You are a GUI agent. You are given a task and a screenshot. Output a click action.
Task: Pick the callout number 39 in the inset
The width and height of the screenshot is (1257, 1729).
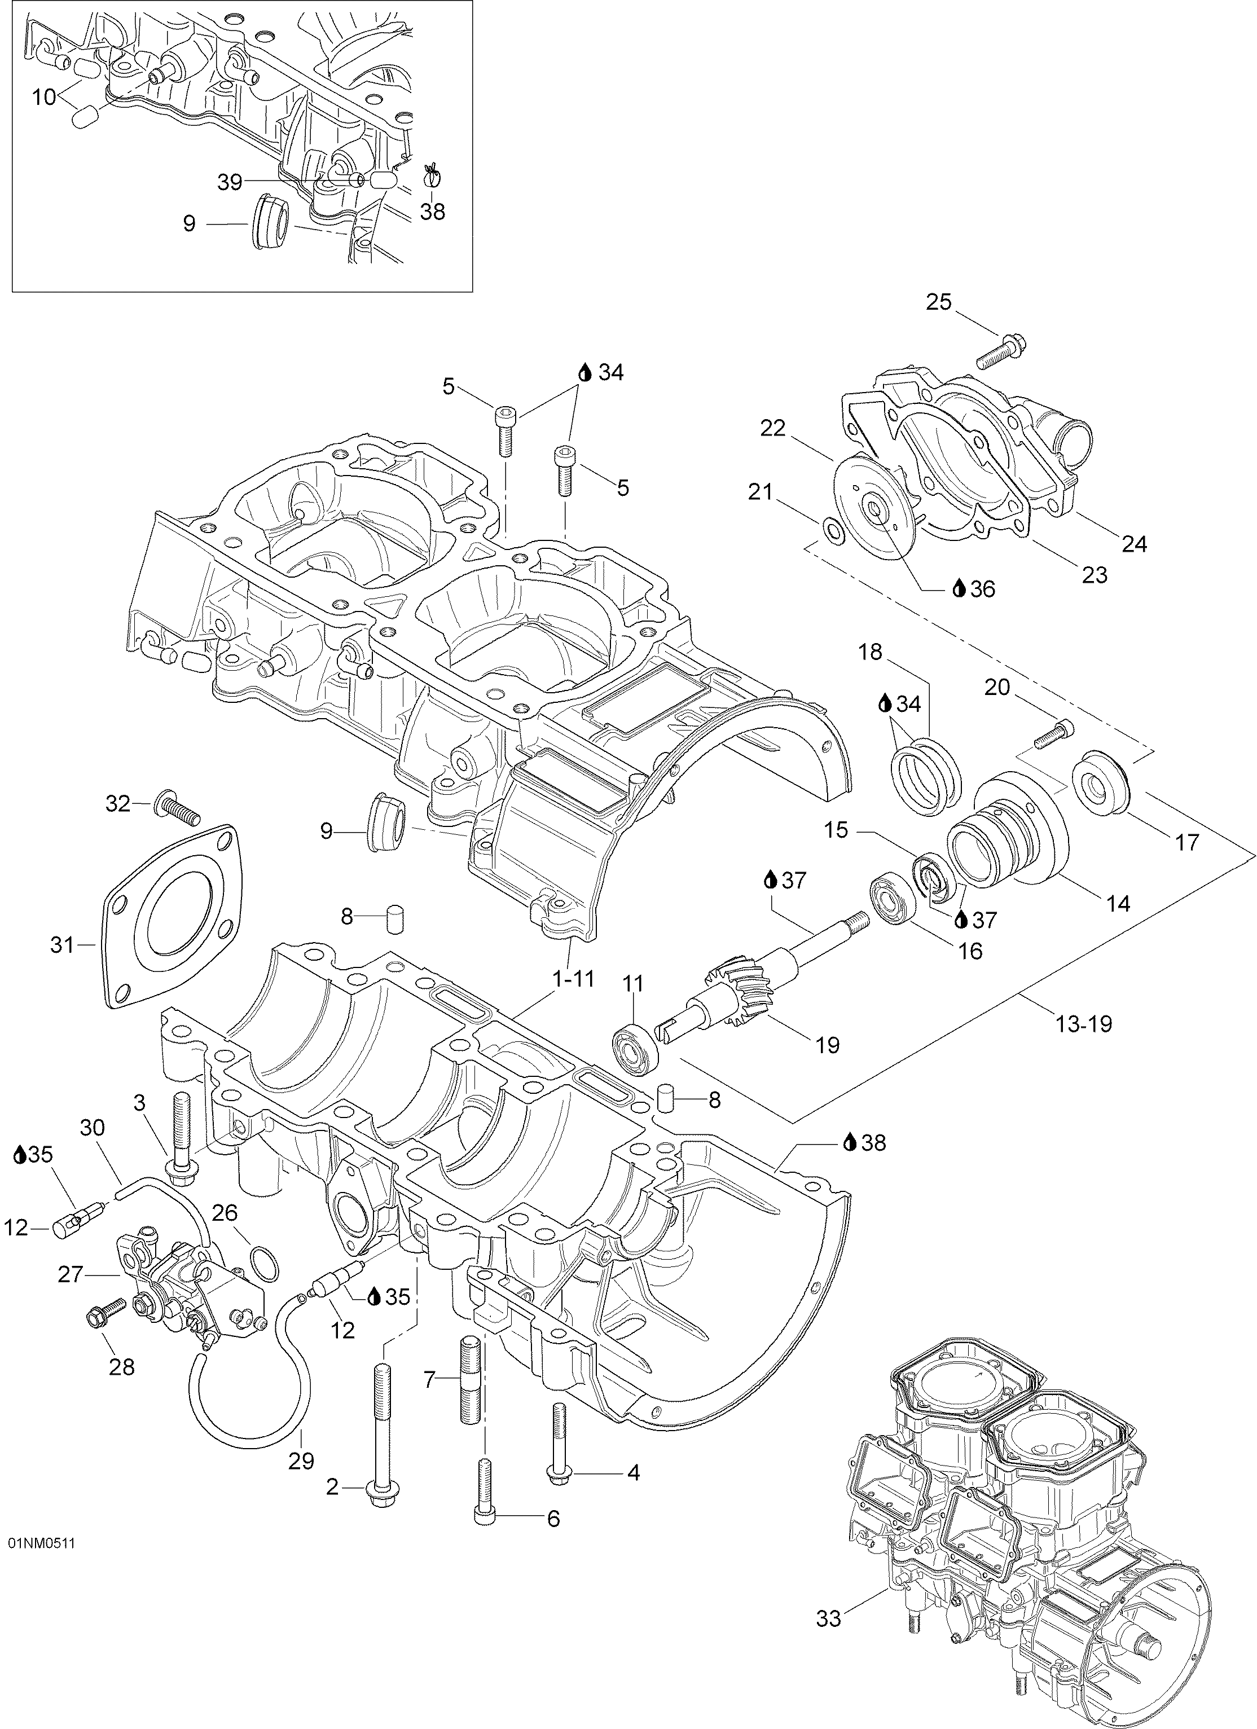point(230,182)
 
